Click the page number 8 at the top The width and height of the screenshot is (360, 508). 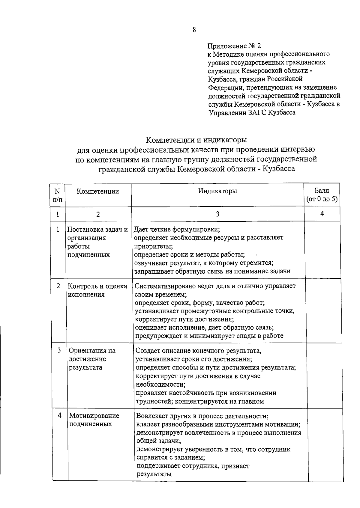click(194, 30)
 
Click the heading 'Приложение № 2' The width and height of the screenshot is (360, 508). click(234, 46)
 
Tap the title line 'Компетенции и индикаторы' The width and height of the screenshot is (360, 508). click(196, 140)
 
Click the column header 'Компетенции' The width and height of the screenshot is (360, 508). click(98, 191)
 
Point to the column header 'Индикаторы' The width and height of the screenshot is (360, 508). click(217, 191)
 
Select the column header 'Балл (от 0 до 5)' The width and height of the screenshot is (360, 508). click(322, 195)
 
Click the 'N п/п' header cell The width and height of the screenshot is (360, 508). click(58, 195)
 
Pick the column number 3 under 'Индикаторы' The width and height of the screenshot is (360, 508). click(217, 214)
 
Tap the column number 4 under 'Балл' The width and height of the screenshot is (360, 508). click(322, 214)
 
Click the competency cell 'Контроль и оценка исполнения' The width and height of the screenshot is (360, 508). click(97, 290)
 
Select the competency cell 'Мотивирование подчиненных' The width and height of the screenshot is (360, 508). click(94, 420)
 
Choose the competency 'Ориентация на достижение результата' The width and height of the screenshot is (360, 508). click(92, 359)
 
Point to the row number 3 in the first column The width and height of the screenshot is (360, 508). click(59, 350)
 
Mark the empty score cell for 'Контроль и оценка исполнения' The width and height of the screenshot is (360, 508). click(323, 310)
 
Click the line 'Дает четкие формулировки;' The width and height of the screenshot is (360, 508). click(177, 230)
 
